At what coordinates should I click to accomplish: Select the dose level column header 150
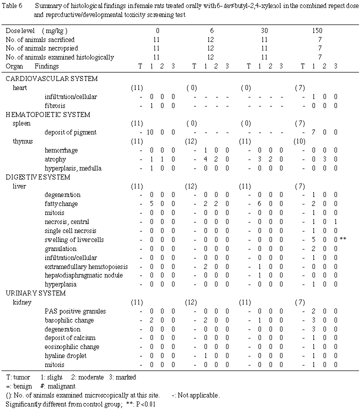317,30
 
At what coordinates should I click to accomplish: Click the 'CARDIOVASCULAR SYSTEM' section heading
51,79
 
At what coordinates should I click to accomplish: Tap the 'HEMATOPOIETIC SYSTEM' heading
48,114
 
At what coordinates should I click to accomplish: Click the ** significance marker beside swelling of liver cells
343,240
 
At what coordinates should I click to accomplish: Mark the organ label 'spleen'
22,123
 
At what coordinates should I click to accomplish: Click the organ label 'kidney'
22,302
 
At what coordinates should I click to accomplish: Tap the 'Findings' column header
47,66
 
